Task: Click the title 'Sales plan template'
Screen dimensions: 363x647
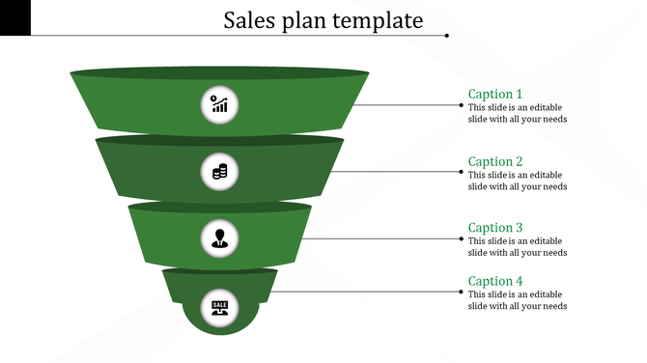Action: pos(323,20)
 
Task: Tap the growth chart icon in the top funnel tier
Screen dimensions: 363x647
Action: pos(220,103)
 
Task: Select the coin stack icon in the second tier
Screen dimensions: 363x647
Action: pos(220,172)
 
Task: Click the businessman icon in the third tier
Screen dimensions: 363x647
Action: pos(220,237)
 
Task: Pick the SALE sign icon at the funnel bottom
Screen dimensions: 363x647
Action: pos(220,307)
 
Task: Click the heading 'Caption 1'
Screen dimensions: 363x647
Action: pos(495,94)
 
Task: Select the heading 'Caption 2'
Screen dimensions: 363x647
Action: pos(495,161)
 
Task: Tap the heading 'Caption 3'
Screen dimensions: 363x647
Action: pos(495,228)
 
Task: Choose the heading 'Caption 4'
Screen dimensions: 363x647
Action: pos(495,281)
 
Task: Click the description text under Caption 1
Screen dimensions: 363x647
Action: pos(517,113)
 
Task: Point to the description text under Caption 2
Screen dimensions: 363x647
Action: pos(517,181)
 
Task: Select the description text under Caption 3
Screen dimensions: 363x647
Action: pos(517,247)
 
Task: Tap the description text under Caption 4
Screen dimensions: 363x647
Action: pos(517,300)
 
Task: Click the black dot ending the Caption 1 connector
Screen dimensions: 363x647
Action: pos(460,104)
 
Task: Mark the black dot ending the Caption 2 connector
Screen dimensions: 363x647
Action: pos(460,172)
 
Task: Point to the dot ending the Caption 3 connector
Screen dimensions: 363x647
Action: pos(460,238)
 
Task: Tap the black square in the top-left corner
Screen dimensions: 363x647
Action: pos(15,17)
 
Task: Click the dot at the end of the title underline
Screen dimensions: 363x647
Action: pos(447,36)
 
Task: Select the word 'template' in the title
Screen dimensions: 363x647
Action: pos(378,20)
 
